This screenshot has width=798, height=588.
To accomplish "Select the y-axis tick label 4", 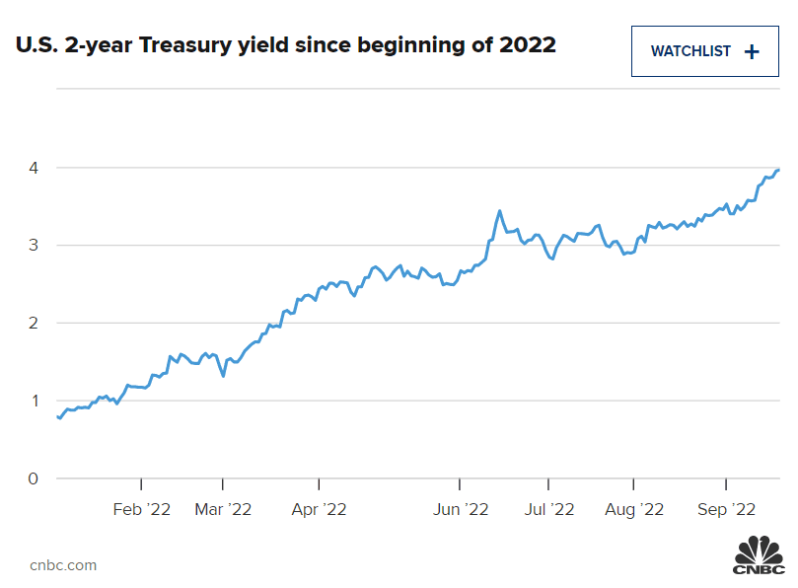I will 33,168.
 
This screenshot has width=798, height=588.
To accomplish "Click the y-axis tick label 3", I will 33,246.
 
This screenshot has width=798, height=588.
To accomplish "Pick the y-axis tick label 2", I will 33,324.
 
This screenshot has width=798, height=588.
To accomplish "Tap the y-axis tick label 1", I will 33,402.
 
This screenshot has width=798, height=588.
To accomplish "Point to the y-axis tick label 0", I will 33,479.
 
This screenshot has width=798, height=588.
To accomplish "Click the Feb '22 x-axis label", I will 142,509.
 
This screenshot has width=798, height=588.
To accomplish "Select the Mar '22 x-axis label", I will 223,509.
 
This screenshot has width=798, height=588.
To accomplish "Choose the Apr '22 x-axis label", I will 319,509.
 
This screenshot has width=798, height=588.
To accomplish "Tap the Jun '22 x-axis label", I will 461,509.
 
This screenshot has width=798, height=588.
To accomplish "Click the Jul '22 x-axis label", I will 547,509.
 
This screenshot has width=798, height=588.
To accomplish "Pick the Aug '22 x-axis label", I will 633,509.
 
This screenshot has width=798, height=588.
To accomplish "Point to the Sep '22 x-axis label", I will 726,509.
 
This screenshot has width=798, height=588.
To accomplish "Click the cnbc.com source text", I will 63,564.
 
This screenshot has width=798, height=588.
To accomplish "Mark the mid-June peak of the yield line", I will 500,211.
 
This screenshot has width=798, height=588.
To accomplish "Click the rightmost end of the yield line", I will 779,170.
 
